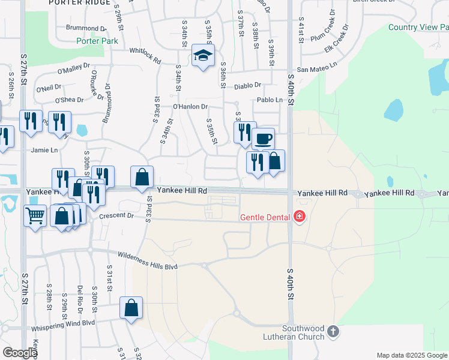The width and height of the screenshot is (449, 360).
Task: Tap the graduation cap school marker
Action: pyautogui.click(x=203, y=57)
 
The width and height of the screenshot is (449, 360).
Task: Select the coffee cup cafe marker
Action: pyautogui.click(x=263, y=139)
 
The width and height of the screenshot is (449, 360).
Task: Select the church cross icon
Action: pyautogui.click(x=334, y=331)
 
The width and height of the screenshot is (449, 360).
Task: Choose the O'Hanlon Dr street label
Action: pyautogui.click(x=190, y=107)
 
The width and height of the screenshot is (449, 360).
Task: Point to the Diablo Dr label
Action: pyautogui.click(x=248, y=86)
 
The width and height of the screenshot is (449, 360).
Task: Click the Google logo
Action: pyautogui.click(x=20, y=353)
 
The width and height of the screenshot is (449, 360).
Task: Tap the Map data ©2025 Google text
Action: pyautogui.click(x=411, y=355)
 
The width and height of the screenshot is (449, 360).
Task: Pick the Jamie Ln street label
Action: pyautogui.click(x=44, y=150)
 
